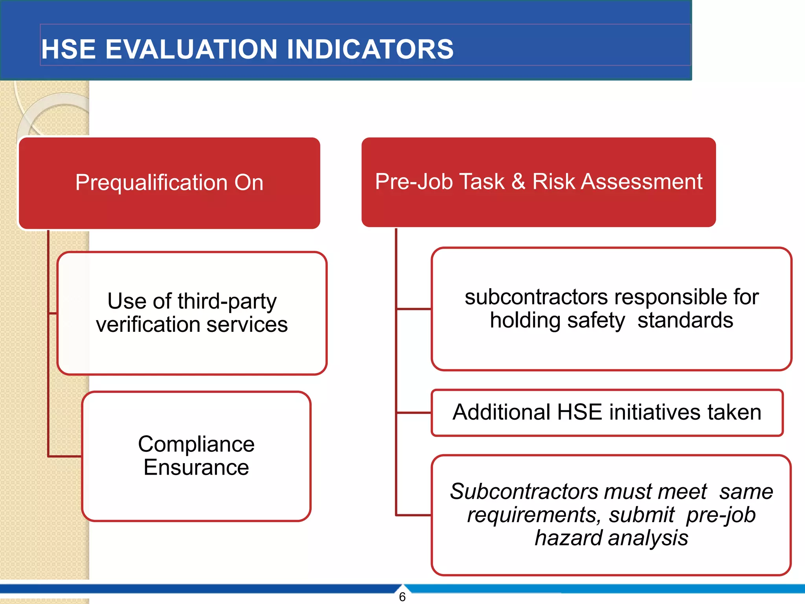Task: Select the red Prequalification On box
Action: pos(169,183)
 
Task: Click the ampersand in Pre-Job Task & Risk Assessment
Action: pos(518,182)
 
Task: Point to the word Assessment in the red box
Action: pos(641,182)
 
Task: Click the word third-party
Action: pos(227,302)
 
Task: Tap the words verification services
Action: pos(192,325)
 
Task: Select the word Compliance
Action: pos(196,444)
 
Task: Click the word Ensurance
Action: pos(196,468)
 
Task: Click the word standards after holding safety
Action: pos(685,320)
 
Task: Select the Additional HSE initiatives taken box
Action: pos(607,412)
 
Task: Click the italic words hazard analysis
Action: pos(611,538)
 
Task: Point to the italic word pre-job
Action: pos(720,515)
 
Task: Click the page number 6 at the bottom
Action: pos(402,597)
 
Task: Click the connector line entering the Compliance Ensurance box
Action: pos(65,457)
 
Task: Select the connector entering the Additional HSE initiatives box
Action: pos(414,413)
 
